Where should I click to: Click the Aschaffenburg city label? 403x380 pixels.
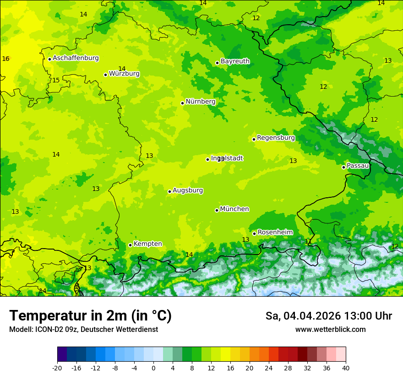(x=76, y=58)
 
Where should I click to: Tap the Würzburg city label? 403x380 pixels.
(x=124, y=74)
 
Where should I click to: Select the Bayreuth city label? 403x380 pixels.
(x=235, y=61)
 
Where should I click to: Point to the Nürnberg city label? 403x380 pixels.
(x=200, y=102)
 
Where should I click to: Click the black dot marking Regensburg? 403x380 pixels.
(x=254, y=139)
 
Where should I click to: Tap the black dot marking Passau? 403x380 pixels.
(x=343, y=167)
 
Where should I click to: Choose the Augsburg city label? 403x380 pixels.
(x=188, y=190)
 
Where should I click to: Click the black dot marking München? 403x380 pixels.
(x=217, y=210)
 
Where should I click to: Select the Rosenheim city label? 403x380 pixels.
(x=275, y=233)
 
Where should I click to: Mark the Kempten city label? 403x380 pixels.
(x=147, y=244)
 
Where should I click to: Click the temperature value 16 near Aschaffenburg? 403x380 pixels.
(x=5, y=59)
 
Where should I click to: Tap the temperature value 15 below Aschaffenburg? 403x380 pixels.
(x=56, y=80)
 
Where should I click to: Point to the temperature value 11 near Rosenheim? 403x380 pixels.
(x=308, y=241)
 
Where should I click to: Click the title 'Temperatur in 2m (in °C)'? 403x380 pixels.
(x=90, y=316)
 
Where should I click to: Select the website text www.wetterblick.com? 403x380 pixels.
(x=330, y=330)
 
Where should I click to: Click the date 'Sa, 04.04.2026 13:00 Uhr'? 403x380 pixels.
(x=328, y=316)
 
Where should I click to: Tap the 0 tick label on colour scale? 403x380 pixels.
(x=153, y=368)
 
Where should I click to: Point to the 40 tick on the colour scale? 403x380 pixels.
(x=345, y=368)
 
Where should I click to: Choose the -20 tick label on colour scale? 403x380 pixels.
(x=57, y=368)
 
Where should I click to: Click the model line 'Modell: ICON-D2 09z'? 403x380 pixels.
(x=83, y=330)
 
